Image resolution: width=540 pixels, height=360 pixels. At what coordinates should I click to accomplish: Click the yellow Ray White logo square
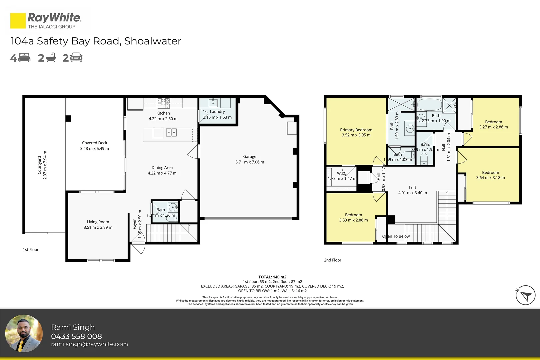[18, 21]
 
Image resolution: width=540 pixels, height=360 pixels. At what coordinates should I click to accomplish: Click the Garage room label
[250, 156]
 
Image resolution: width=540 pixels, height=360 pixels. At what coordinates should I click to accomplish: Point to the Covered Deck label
[95, 143]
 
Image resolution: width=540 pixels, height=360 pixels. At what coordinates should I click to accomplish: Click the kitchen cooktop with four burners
[163, 103]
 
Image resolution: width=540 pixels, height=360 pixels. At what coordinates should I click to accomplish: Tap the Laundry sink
[213, 103]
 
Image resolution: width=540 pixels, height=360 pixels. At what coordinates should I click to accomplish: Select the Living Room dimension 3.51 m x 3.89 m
[98, 227]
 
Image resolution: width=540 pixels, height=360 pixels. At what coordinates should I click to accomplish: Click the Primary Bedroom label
[356, 130]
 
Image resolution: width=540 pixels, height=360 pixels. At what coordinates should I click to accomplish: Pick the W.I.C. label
[342, 173]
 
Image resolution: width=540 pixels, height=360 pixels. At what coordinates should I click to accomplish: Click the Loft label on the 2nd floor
[413, 188]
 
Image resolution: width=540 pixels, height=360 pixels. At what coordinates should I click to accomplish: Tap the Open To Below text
[396, 236]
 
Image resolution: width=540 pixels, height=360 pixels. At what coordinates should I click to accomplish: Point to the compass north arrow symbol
[526, 295]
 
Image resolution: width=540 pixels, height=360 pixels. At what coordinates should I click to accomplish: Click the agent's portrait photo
[24, 334]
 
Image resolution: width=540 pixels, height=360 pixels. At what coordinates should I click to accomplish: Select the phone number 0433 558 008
[76, 336]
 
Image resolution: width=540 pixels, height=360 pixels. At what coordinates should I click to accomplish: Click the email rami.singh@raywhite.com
[89, 344]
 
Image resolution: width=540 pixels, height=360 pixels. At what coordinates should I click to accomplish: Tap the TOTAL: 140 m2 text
[272, 277]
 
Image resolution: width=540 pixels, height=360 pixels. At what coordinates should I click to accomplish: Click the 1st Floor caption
[31, 250]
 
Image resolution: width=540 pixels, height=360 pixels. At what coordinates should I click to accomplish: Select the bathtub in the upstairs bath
[429, 105]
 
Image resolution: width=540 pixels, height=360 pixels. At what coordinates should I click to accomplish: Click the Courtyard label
[39, 165]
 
